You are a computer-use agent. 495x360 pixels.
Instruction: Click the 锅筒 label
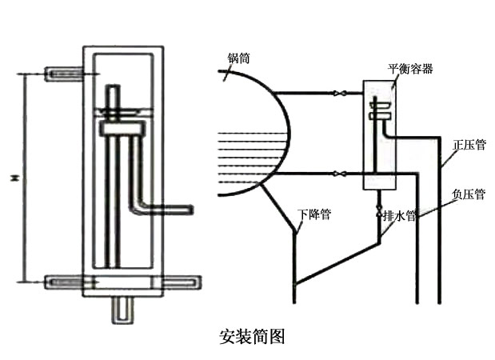click(238, 58)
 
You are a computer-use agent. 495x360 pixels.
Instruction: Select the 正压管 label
click(469, 146)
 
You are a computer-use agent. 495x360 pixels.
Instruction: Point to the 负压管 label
click(468, 194)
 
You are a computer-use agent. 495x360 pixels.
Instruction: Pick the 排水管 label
click(401, 214)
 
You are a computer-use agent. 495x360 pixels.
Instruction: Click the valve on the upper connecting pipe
click(338, 94)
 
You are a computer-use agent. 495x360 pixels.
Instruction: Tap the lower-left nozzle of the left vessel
click(64, 282)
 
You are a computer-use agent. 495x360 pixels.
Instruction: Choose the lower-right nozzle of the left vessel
click(186, 282)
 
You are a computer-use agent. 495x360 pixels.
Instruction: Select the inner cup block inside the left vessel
click(123, 126)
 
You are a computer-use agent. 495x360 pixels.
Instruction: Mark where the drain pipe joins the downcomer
click(295, 283)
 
